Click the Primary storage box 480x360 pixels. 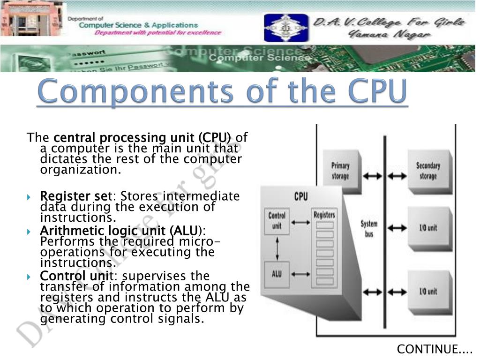341,171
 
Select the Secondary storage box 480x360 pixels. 427,171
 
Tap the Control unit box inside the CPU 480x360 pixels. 277,221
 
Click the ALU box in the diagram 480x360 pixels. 277,273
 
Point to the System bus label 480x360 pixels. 369,229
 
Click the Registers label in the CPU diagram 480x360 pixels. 324,215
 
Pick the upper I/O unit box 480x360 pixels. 427,228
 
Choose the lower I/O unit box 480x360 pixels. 427,292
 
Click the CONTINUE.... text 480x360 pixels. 435,349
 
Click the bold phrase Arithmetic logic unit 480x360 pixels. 118,231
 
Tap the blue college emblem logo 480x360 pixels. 280,28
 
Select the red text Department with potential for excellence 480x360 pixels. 157,33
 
